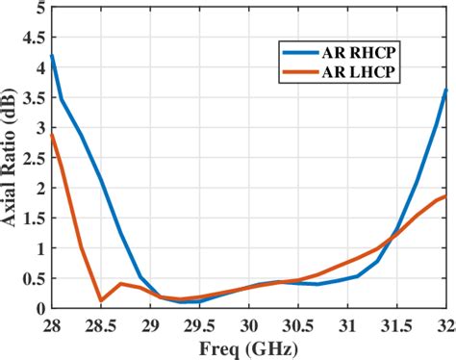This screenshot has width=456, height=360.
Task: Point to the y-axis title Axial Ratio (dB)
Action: pyautogui.click(x=12, y=158)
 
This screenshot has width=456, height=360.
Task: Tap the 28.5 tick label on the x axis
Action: pyautogui.click(x=100, y=323)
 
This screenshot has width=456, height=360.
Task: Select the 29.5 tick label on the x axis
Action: pyautogui.click(x=199, y=323)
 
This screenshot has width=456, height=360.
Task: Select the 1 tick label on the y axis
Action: pyautogui.click(x=38, y=248)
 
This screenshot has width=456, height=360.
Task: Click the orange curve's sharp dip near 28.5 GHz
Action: pyautogui.click(x=101, y=300)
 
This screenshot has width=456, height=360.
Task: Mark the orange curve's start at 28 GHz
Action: pyautogui.click(x=51, y=134)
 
